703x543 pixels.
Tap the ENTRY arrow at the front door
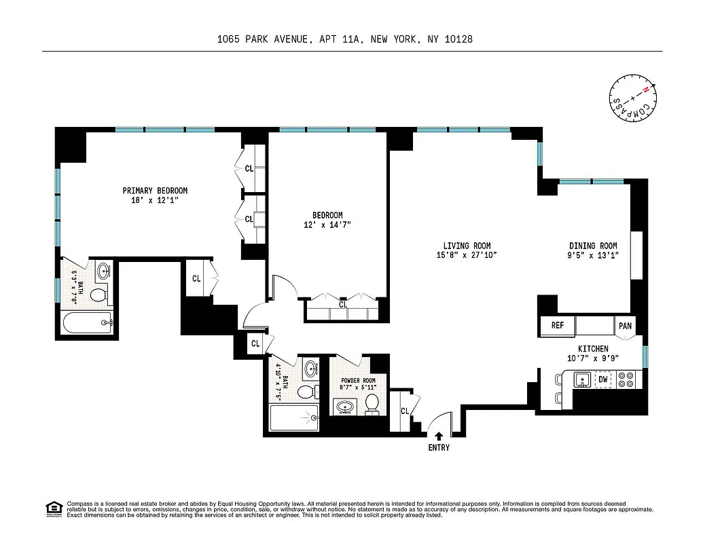point(439,436)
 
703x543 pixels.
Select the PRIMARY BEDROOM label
point(155,191)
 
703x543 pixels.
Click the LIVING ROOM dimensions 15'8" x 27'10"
point(467,255)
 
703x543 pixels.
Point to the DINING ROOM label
point(593,246)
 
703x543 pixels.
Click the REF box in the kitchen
point(558,326)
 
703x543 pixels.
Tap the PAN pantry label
point(625,326)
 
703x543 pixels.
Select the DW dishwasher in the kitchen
point(602,380)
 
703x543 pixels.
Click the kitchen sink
point(582,380)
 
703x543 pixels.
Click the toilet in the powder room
point(372,404)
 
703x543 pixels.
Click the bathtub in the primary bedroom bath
point(87,324)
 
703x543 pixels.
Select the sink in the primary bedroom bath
point(103,271)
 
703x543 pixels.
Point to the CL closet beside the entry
point(405,411)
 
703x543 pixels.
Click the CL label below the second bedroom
point(343,305)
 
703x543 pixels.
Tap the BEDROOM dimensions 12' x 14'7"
point(327,225)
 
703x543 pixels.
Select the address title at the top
point(344,39)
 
